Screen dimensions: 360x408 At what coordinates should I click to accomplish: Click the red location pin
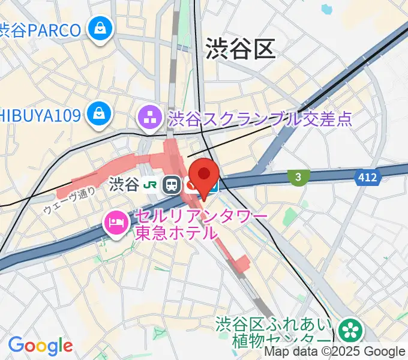tap(204, 173)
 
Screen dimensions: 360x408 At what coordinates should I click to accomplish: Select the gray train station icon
tap(173, 184)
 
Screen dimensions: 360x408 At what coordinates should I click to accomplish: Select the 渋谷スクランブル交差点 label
tap(260, 118)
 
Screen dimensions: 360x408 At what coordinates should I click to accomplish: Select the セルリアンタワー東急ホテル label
tap(192, 223)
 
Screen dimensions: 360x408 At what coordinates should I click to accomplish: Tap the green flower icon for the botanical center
tap(349, 329)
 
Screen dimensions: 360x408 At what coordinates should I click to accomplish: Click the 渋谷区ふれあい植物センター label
tap(274, 334)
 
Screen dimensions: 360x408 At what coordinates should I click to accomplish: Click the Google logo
tap(40, 346)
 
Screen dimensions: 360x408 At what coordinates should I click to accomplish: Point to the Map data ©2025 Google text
tap(335, 352)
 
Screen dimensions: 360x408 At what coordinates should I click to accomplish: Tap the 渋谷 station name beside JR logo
tap(124, 184)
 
